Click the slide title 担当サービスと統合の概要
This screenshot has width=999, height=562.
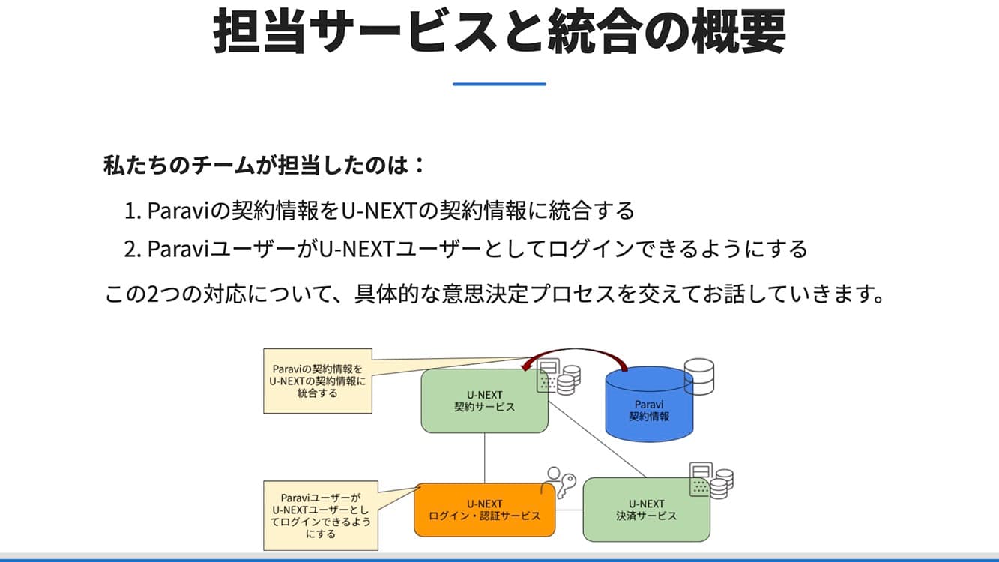pos(499,31)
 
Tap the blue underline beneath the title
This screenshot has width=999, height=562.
pos(499,84)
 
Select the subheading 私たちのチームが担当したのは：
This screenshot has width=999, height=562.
pos(264,164)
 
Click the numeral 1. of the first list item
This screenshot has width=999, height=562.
pos(133,211)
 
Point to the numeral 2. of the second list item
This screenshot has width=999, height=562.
pos(133,248)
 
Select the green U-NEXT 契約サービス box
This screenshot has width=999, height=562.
pos(484,401)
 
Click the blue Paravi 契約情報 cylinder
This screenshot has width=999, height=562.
pos(649,405)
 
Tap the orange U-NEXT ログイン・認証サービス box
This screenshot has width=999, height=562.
pos(484,510)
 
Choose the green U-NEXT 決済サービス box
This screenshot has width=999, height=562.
pos(646,510)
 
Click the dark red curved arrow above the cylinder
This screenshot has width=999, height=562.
pos(577,353)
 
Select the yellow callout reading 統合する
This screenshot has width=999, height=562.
pos(318,381)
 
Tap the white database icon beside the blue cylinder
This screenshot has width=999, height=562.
pos(699,376)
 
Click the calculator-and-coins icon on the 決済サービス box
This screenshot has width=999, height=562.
pos(710,480)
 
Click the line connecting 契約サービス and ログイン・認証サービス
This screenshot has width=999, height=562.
pos(485,458)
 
